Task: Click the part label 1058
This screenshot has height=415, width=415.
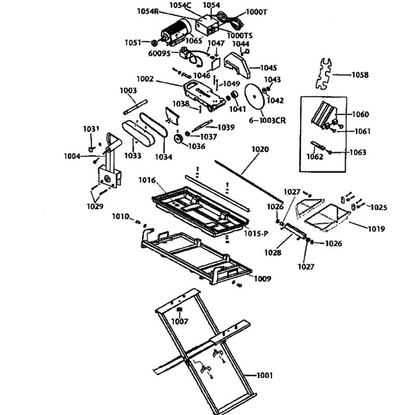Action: pyautogui.click(x=360, y=75)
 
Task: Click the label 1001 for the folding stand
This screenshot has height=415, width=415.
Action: pyautogui.click(x=264, y=376)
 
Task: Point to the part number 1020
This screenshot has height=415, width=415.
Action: pyautogui.click(x=260, y=149)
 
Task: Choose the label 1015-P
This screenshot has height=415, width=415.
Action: pyautogui.click(x=256, y=234)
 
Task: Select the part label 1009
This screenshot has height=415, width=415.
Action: pyautogui.click(x=262, y=279)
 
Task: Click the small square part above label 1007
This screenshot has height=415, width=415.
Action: pyautogui.click(x=180, y=310)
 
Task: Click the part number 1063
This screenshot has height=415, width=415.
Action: pyautogui.click(x=358, y=152)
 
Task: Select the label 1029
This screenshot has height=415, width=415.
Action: pyautogui.click(x=95, y=206)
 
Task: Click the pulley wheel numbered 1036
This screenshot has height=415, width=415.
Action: pyautogui.click(x=180, y=139)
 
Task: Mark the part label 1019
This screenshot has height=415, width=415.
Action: pyautogui.click(x=376, y=229)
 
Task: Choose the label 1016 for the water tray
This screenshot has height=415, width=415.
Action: pyautogui.click(x=147, y=181)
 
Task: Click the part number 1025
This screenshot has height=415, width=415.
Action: pyautogui.click(x=378, y=207)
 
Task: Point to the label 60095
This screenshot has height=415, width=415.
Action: pyautogui.click(x=159, y=53)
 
